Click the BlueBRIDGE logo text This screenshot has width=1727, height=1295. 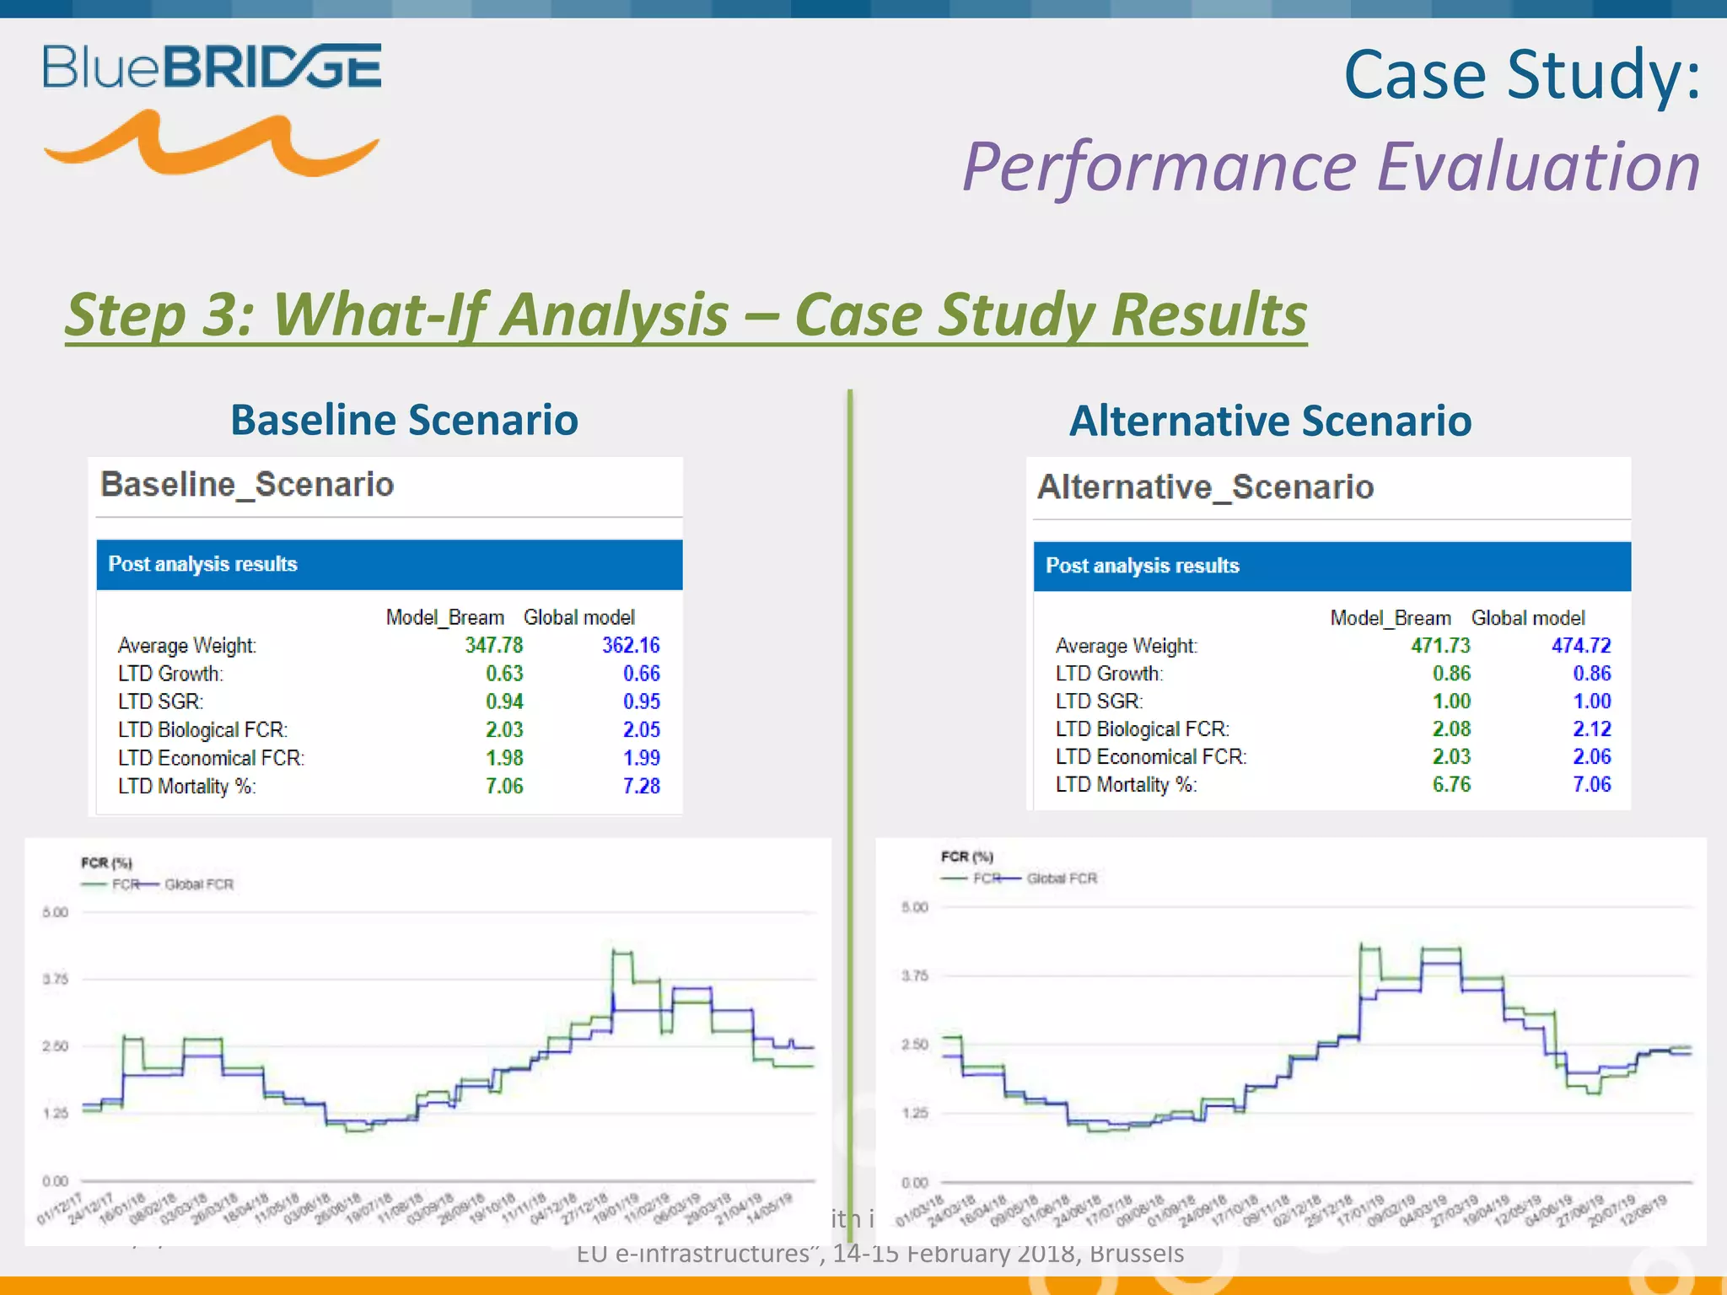tap(212, 67)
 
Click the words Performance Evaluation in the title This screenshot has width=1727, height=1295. tap(1331, 166)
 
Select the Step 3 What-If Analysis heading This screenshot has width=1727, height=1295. tap(686, 314)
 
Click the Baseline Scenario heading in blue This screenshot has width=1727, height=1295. tap(404, 420)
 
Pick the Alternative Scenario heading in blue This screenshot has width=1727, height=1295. tap(1270, 421)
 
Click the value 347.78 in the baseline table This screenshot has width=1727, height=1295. tap(493, 645)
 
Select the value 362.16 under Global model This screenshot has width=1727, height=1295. tap(630, 645)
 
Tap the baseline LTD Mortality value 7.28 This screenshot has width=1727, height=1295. tap(641, 786)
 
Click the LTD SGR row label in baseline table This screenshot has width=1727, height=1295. tap(160, 701)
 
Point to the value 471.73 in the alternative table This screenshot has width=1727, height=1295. tap(1440, 646)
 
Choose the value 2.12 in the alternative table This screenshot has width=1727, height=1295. tap(1591, 728)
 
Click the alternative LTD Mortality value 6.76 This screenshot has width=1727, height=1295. tap(1450, 784)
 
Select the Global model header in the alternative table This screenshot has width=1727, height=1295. tap(1527, 618)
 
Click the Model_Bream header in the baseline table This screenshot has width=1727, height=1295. tap(444, 617)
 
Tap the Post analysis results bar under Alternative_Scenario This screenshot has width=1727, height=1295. tap(1332, 566)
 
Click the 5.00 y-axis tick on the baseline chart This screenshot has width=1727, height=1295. tap(55, 912)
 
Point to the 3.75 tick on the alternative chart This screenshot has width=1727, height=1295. tap(915, 975)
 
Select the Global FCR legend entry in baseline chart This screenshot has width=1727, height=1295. tap(198, 884)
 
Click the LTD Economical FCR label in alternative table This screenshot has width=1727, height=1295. tap(1150, 756)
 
